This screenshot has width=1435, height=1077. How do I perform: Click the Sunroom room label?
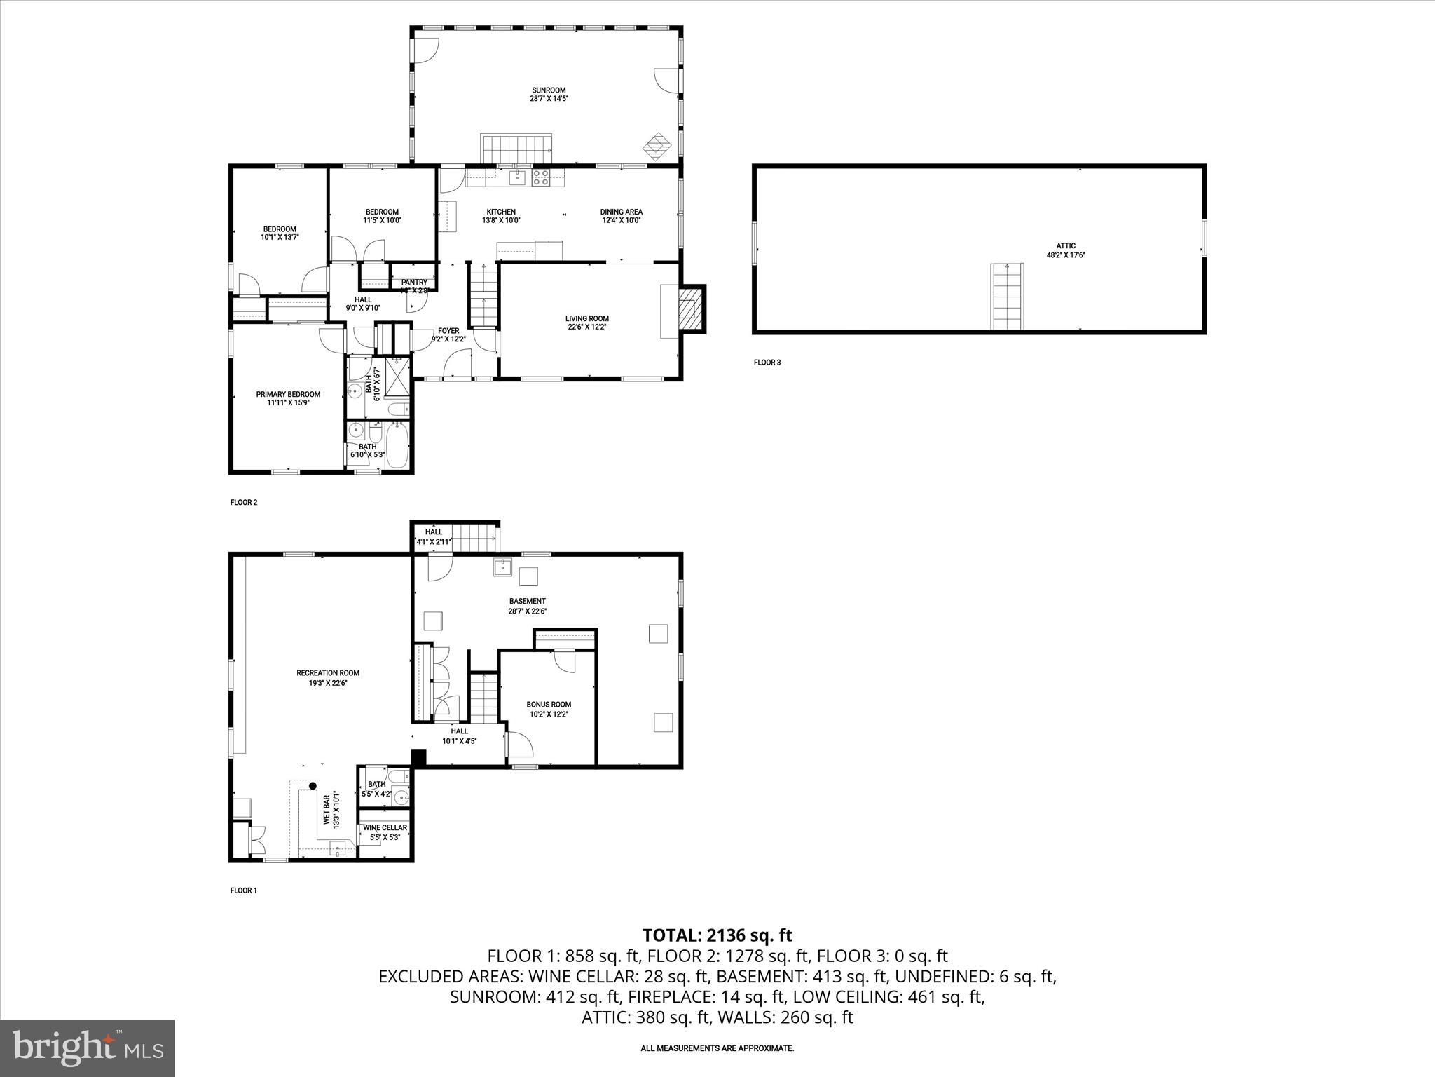pyautogui.click(x=549, y=90)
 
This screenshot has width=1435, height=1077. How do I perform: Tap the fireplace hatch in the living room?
pyautogui.click(x=692, y=308)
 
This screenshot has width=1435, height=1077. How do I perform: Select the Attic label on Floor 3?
pyautogui.click(x=1066, y=245)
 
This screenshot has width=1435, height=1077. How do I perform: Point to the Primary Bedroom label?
pyautogui.click(x=288, y=394)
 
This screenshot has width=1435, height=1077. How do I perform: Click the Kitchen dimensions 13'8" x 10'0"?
pyautogui.click(x=501, y=220)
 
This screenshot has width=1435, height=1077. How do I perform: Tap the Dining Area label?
pyautogui.click(x=621, y=212)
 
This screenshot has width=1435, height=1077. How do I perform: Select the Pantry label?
pyautogui.click(x=414, y=283)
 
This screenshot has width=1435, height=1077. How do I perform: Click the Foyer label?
pyautogui.click(x=448, y=331)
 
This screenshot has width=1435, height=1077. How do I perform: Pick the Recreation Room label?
pyautogui.click(x=328, y=673)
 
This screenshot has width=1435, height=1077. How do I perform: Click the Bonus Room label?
pyautogui.click(x=549, y=705)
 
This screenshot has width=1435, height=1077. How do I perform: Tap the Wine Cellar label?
pyautogui.click(x=385, y=827)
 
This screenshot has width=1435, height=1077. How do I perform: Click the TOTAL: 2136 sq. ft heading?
pyautogui.click(x=717, y=935)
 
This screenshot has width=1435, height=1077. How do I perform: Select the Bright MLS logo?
pyautogui.click(x=88, y=1048)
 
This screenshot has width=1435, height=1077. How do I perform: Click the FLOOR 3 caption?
pyautogui.click(x=767, y=363)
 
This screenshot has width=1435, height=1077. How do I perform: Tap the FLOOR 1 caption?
pyautogui.click(x=244, y=890)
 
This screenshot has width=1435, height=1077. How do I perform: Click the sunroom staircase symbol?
pyautogui.click(x=517, y=149)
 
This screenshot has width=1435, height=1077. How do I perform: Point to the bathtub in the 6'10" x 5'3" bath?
pyautogui.click(x=397, y=445)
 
